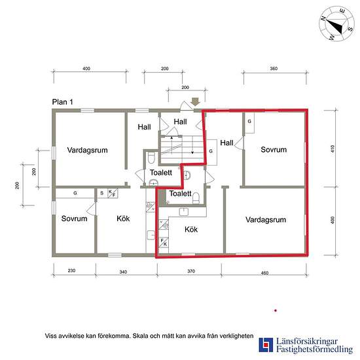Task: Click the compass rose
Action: (336, 24)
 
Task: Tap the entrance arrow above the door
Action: (196, 101)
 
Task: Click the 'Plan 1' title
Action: (62, 102)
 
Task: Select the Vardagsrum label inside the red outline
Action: (266, 220)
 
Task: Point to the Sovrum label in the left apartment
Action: (74, 219)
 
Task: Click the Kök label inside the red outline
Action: (191, 229)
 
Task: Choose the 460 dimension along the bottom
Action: (264, 273)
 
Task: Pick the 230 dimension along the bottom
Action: (71, 271)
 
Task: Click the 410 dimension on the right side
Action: (333, 149)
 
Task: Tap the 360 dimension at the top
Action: (274, 69)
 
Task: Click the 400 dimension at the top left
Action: (86, 69)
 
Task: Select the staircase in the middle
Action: (183, 149)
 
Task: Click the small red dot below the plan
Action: (276, 311)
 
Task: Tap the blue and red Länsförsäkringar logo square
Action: (266, 345)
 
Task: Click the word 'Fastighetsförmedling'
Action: (314, 350)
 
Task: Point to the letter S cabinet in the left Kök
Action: (101, 193)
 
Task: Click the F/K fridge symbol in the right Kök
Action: (164, 242)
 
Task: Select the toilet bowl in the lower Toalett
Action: (196, 198)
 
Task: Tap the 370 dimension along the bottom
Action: (191, 271)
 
